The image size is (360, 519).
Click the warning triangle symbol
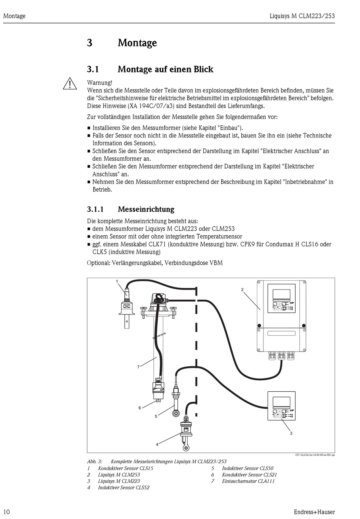(70, 83)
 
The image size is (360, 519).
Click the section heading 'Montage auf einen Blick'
(165, 69)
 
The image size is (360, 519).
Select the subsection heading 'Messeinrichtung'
(146, 209)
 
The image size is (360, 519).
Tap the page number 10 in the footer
(6, 512)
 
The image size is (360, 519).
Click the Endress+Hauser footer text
(314, 512)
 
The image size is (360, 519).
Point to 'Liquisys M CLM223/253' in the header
(302, 16)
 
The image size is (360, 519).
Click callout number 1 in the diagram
(117, 281)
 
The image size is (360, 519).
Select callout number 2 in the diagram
(242, 290)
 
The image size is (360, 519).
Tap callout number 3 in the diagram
(291, 433)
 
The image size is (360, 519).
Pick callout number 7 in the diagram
(139, 367)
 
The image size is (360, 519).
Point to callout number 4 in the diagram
(157, 444)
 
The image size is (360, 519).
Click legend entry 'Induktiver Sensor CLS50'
(247, 468)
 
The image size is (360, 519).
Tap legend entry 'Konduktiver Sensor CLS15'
(125, 468)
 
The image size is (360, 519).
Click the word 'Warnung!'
(100, 83)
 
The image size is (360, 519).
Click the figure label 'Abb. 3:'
(95, 461)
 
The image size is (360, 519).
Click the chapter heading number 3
(89, 43)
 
